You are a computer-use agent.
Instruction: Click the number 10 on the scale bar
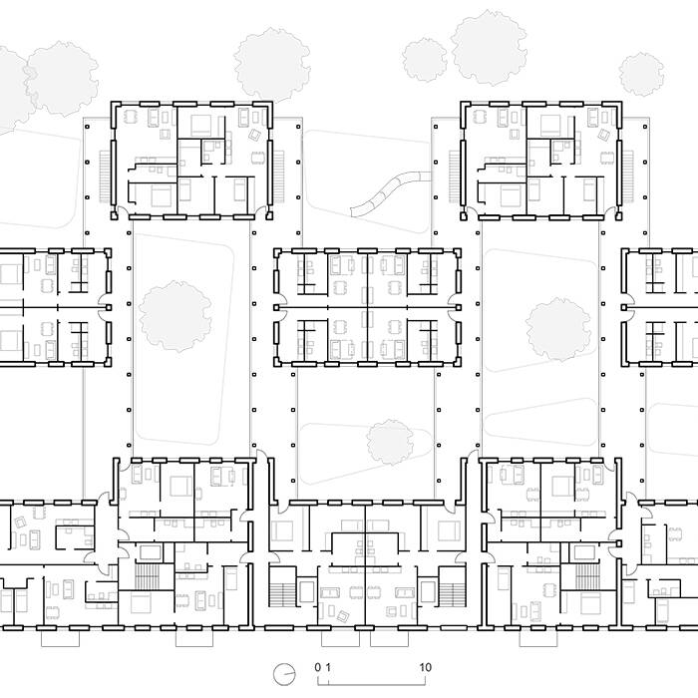pyautogui.click(x=425, y=667)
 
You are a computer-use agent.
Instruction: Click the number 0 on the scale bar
pyautogui.click(x=317, y=667)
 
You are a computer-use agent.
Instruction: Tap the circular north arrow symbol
pyautogui.click(x=284, y=675)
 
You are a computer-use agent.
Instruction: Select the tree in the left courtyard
pyautogui.click(x=174, y=316)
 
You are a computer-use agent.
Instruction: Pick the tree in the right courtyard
pyautogui.click(x=558, y=329)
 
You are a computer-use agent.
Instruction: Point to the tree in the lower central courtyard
pyautogui.click(x=390, y=442)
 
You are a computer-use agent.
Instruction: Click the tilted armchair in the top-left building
pyautogui.click(x=254, y=135)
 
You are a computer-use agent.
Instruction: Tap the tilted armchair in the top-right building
pyautogui.click(x=603, y=135)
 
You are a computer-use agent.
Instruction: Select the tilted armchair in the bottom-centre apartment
pyautogui.click(x=343, y=616)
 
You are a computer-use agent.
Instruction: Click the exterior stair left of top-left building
pyautogui.click(x=105, y=176)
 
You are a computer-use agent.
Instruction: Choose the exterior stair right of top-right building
pyautogui.click(x=627, y=176)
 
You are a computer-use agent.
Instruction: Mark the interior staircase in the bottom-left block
pyautogui.click(x=147, y=577)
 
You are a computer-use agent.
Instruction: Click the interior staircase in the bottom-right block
pyautogui.click(x=588, y=577)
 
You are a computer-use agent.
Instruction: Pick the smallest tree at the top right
pyautogui.click(x=641, y=75)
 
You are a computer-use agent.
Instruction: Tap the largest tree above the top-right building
pyautogui.click(x=490, y=48)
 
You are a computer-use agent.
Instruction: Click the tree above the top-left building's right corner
pyautogui.click(x=272, y=65)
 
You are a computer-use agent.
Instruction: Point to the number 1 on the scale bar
pyautogui.click(x=328, y=667)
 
